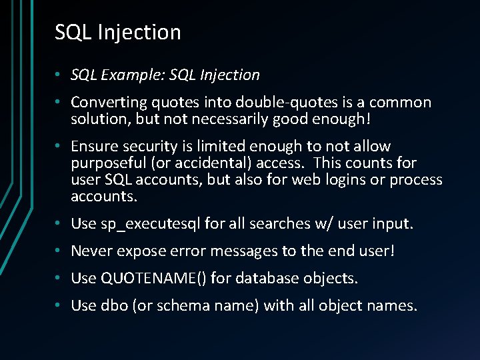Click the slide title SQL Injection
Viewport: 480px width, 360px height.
point(117,32)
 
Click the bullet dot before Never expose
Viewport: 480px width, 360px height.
point(59,251)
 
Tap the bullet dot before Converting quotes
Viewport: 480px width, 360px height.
point(59,103)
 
